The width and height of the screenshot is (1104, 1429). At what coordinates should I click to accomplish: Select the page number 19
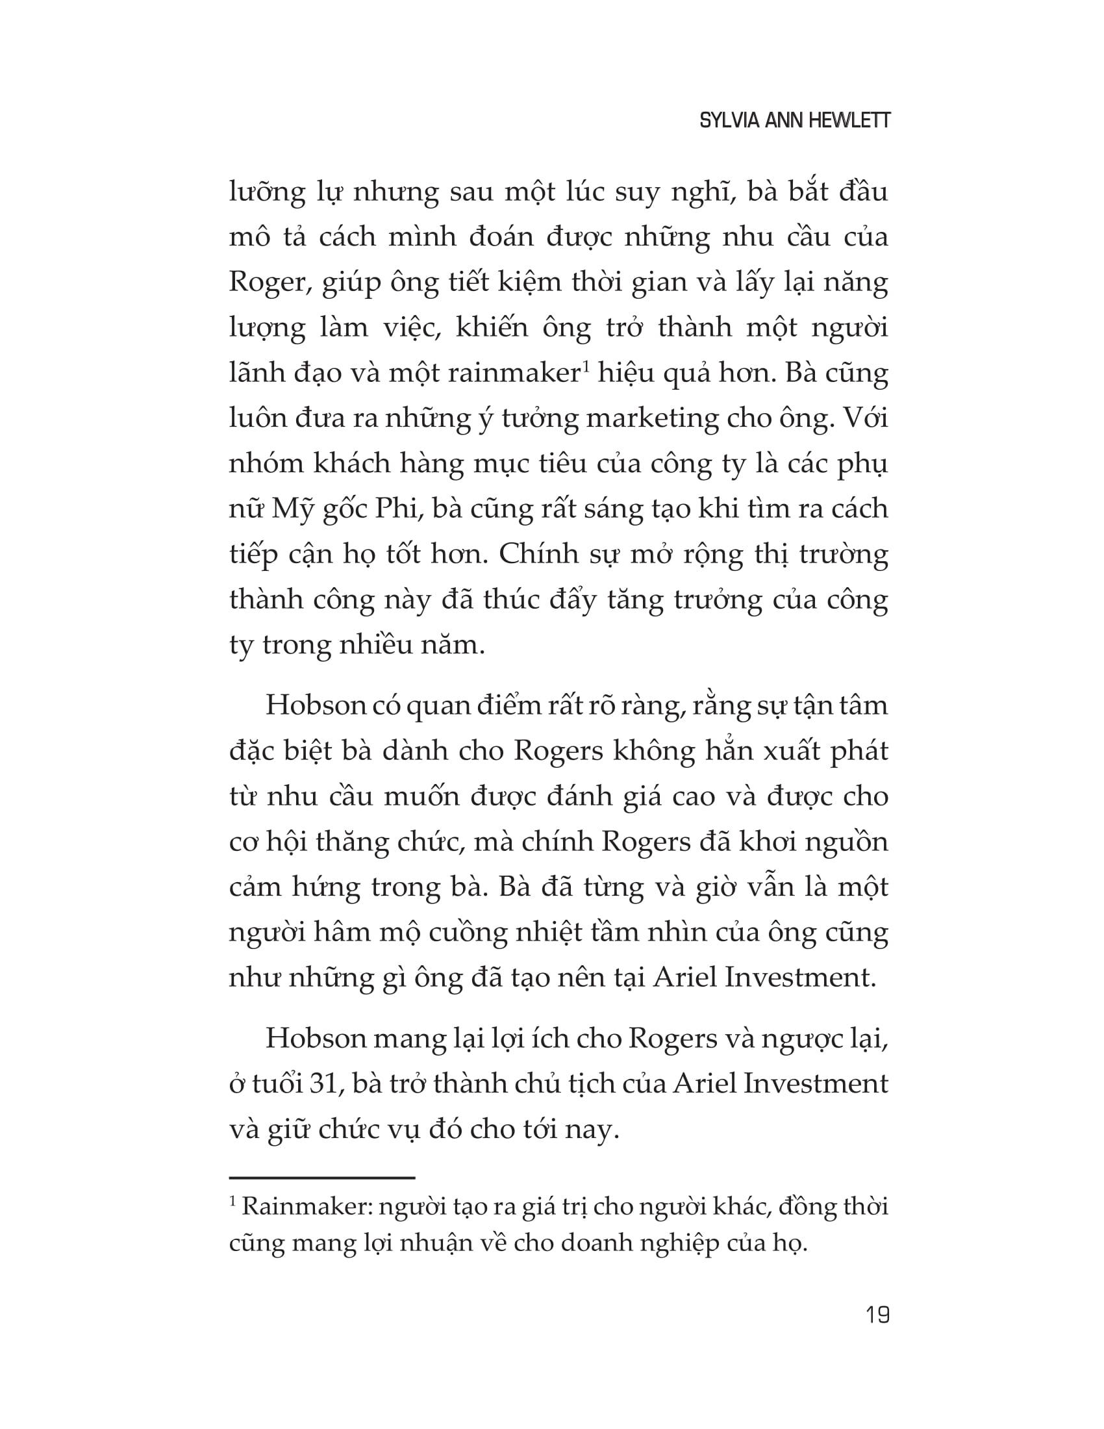[877, 1315]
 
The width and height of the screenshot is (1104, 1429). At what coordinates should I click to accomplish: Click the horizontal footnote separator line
[321, 1178]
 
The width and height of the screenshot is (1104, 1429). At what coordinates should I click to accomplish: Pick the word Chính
[528, 554]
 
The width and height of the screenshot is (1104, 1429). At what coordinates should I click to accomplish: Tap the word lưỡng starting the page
[268, 194]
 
